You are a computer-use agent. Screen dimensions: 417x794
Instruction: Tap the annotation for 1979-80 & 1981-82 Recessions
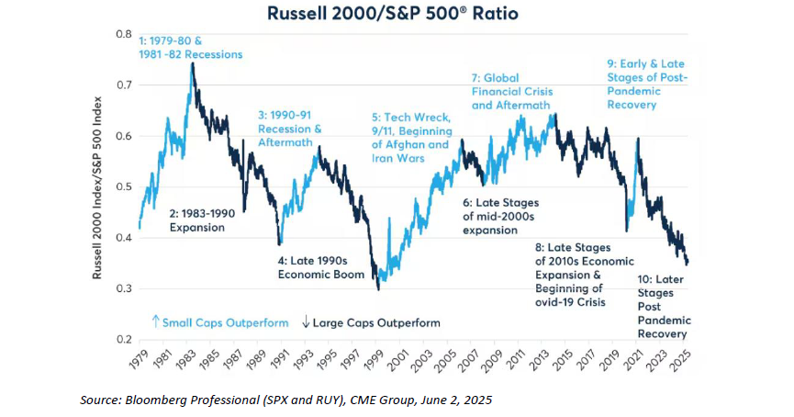coord(190,48)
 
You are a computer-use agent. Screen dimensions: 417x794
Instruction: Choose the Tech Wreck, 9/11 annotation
coord(410,137)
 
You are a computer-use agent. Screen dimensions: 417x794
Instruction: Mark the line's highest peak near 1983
coord(192,63)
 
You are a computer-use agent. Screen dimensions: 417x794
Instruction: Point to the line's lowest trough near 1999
coord(376,289)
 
